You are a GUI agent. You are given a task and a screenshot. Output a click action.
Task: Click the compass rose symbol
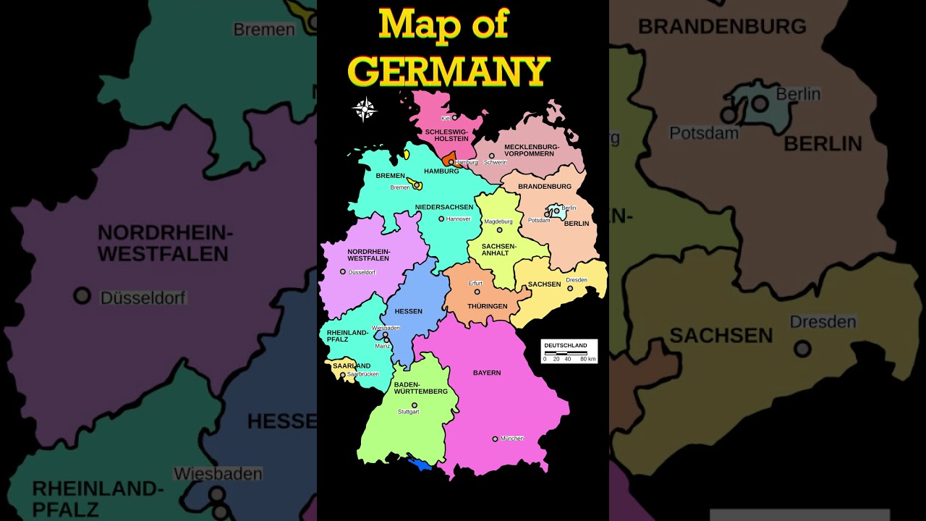tap(365, 109)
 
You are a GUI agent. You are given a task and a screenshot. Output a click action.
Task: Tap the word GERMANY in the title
tap(449, 71)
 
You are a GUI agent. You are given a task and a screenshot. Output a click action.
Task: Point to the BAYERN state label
tap(487, 373)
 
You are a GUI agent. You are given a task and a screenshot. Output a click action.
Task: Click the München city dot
tap(495, 439)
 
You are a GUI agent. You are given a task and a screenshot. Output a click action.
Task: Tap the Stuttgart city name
tap(408, 412)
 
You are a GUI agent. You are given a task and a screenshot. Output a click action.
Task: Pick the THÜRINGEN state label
tap(487, 306)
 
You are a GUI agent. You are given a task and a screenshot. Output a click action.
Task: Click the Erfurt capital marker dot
tap(477, 292)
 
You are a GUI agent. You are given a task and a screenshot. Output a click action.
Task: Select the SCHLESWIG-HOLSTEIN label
tap(446, 135)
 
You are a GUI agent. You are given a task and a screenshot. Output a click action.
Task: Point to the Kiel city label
tap(446, 118)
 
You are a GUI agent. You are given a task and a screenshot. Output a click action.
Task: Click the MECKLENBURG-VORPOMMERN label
tap(532, 150)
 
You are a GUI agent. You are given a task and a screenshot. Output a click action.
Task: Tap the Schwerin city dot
tap(491, 156)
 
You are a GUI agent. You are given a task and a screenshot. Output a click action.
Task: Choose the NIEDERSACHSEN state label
tap(444, 207)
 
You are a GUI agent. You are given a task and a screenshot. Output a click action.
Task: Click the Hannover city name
tap(458, 219)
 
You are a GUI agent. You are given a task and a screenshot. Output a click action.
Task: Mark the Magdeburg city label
tap(498, 221)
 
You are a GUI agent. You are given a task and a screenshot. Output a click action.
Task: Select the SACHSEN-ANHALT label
tap(499, 249)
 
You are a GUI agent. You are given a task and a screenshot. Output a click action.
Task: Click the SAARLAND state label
tap(352, 365)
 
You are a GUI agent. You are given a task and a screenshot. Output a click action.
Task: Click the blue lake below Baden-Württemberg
tap(420, 463)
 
